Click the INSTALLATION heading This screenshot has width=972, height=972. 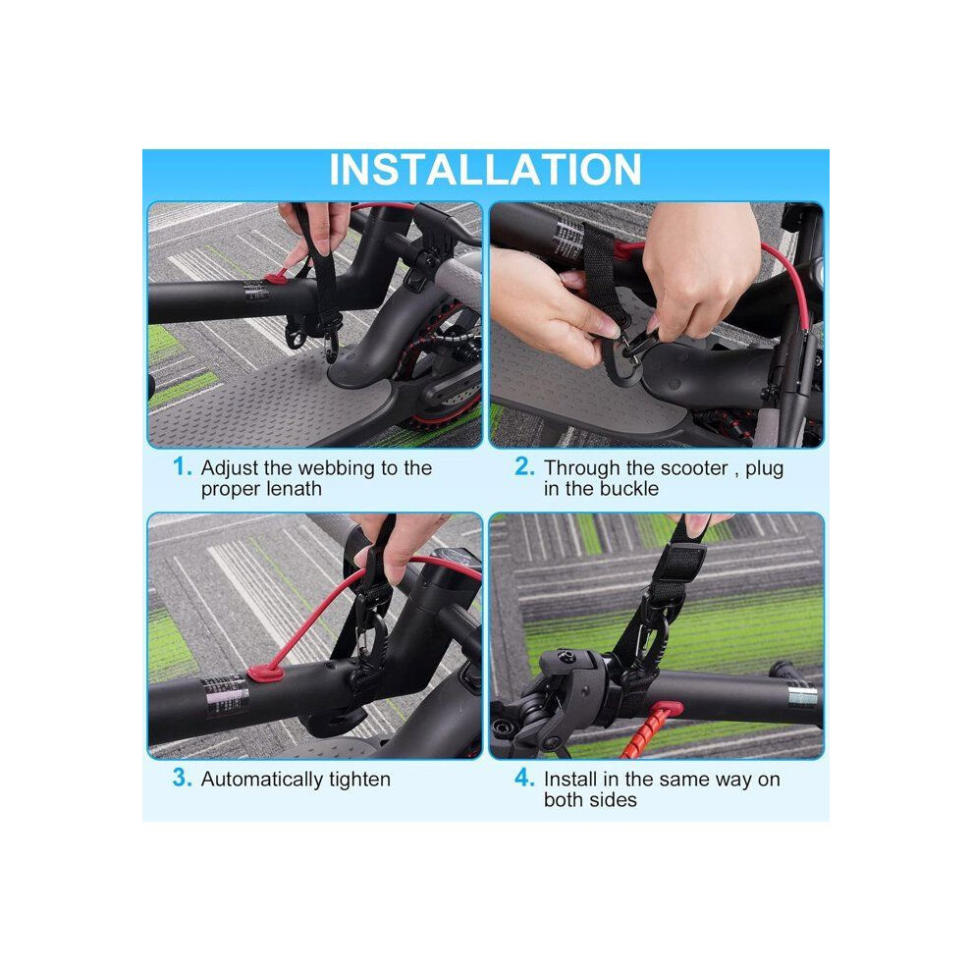pyautogui.click(x=485, y=169)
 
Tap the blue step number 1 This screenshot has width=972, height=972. pyautogui.click(x=182, y=466)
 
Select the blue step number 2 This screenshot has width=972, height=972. pyautogui.click(x=524, y=466)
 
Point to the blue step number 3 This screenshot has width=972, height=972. pyautogui.click(x=183, y=778)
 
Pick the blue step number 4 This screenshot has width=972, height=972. pyautogui.click(x=524, y=778)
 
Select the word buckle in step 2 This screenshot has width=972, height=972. pyautogui.click(x=629, y=489)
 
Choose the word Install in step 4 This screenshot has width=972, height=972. pyautogui.click(x=570, y=779)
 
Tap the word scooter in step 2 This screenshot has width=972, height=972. pyautogui.click(x=697, y=468)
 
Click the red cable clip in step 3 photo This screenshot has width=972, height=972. pyautogui.click(x=265, y=674)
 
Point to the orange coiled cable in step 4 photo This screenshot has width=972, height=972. pyautogui.click(x=648, y=732)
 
